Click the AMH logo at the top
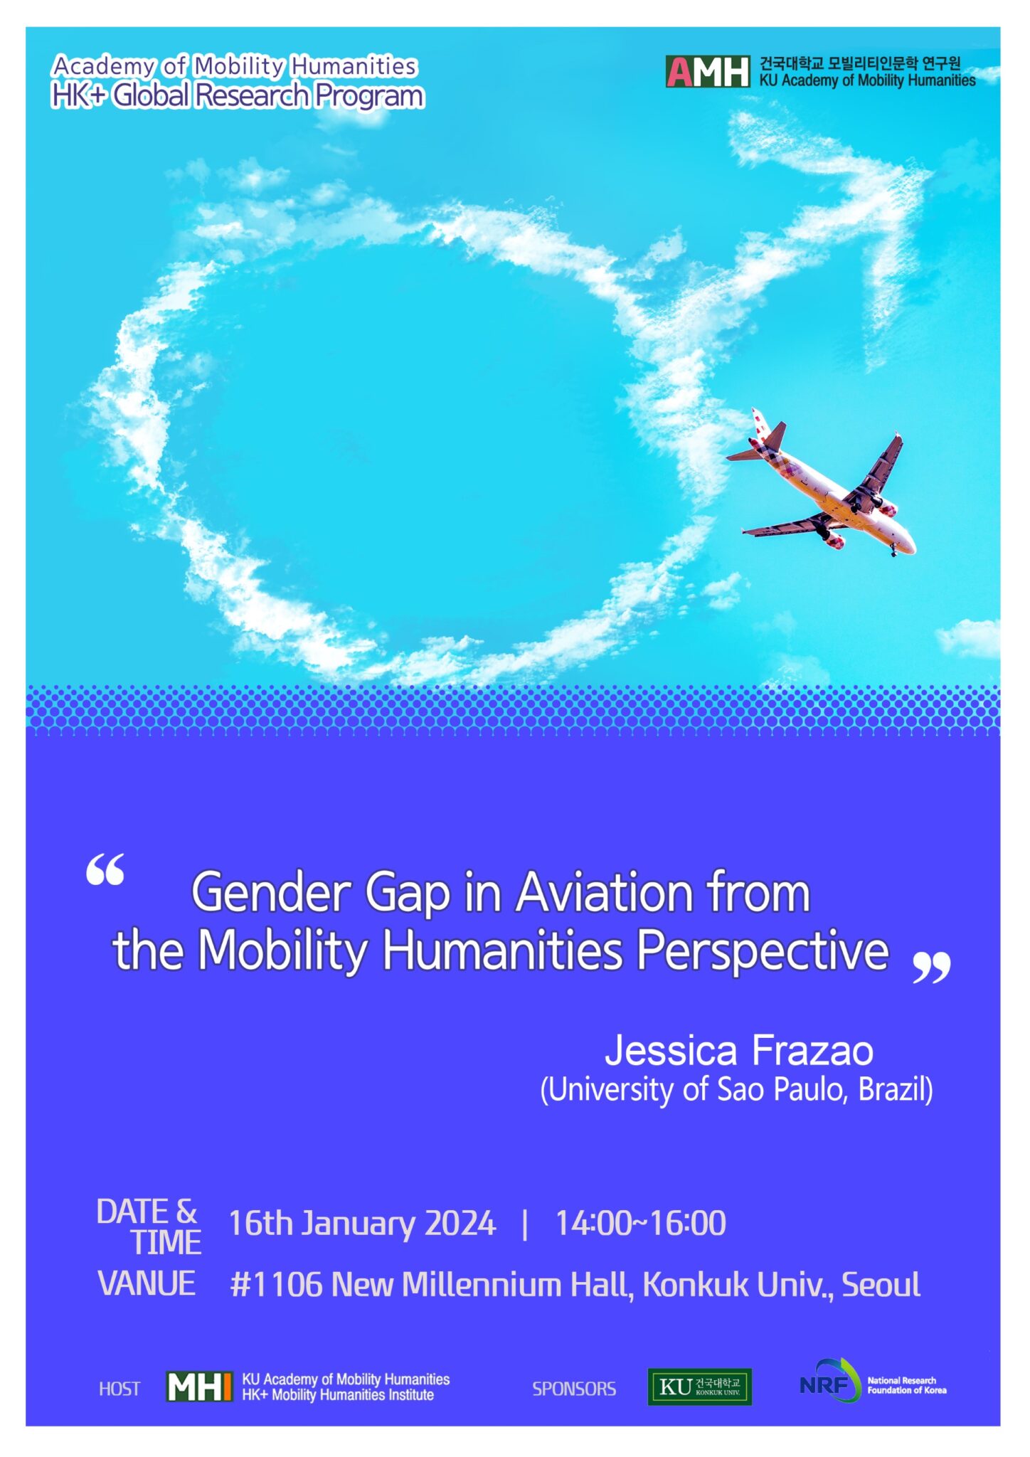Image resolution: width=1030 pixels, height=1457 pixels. [x=707, y=72]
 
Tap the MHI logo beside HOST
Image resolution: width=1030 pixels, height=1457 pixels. [x=199, y=1387]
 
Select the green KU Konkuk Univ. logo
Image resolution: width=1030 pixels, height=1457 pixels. [x=699, y=1387]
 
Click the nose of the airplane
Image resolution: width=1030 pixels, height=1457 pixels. [x=910, y=546]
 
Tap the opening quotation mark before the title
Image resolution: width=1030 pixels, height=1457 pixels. [x=105, y=869]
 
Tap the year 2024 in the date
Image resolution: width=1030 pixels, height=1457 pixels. [x=460, y=1224]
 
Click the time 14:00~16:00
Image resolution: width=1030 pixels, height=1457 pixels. [x=640, y=1224]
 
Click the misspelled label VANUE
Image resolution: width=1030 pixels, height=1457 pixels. [x=147, y=1283]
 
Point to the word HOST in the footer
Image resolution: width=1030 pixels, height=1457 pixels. [x=120, y=1389]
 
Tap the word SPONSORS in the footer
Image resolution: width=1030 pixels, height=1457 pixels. [x=574, y=1389]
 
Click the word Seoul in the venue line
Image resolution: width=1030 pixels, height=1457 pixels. [x=881, y=1285]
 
